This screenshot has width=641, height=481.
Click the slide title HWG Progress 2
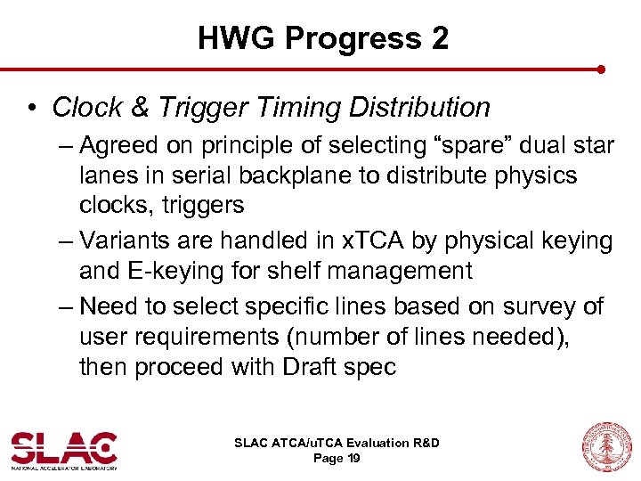[x=322, y=38]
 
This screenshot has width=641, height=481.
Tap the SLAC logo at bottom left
[x=63, y=450]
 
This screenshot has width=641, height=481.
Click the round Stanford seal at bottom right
[x=605, y=447]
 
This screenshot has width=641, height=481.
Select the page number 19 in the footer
[x=353, y=458]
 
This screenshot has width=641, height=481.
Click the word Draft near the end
[x=301, y=367]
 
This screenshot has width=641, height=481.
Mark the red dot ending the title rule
[x=601, y=69]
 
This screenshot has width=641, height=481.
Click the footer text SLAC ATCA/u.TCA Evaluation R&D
[x=336, y=443]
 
